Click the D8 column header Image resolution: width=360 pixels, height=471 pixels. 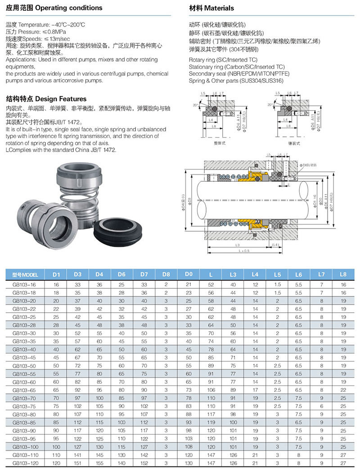click(166, 274)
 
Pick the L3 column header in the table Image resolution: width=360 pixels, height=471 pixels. click(233, 274)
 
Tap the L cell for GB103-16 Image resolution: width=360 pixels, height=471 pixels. click(211, 285)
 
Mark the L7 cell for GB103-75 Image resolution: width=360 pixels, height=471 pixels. click(321, 406)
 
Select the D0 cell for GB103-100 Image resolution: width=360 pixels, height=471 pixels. click(188, 447)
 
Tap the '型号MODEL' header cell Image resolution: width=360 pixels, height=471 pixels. click(25, 274)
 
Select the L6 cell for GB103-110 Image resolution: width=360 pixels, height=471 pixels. click(299, 455)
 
